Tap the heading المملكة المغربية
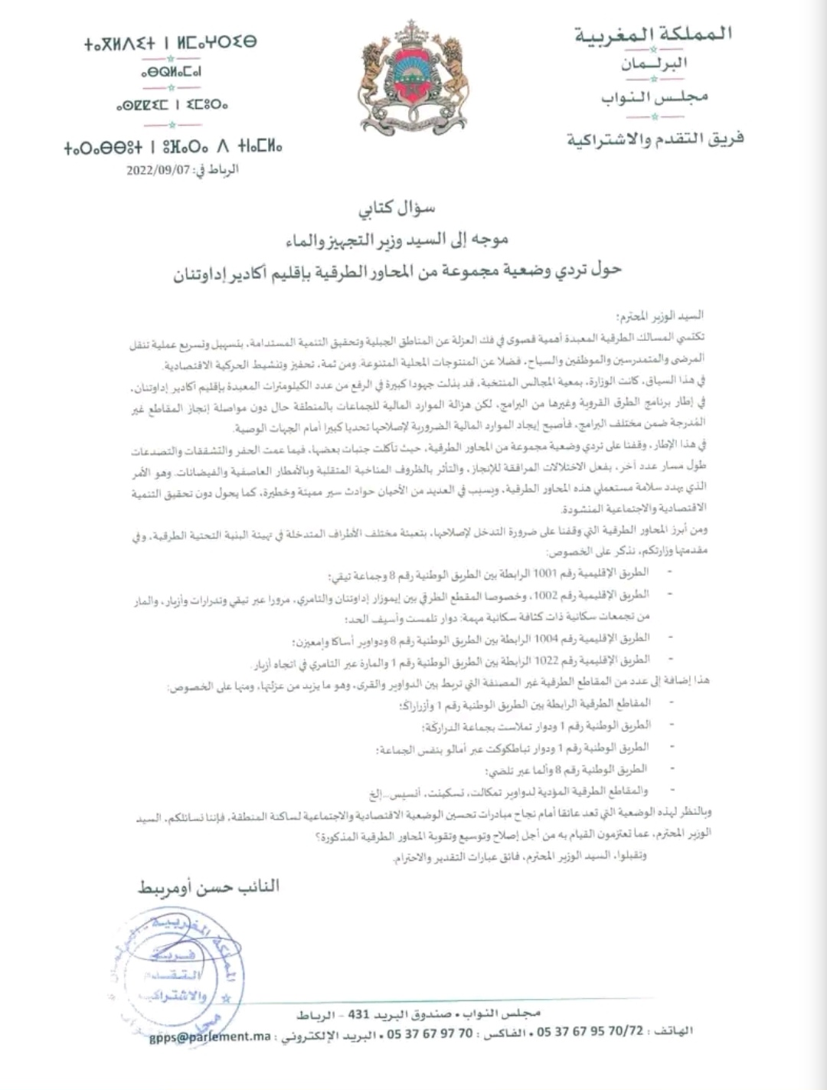coord(654,34)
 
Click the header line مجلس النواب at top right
coord(654,97)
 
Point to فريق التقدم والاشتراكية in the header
coord(655,139)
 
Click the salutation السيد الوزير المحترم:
coord(661,316)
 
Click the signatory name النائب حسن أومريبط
coord(209,887)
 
